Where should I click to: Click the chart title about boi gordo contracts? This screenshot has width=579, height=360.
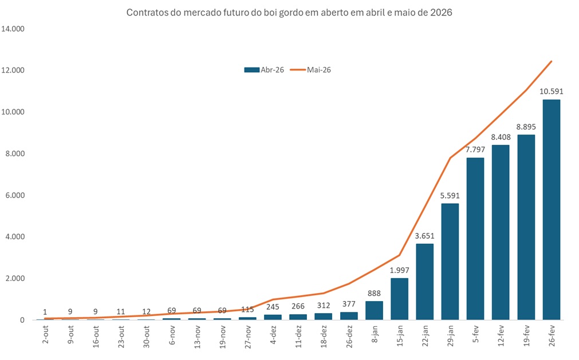click(x=289, y=13)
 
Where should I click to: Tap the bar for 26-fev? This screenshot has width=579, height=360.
click(x=551, y=209)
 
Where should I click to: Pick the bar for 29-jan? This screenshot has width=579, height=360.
click(x=450, y=262)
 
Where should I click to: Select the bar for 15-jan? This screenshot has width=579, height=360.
click(x=399, y=299)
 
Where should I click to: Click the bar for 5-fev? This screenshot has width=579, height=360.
click(x=475, y=239)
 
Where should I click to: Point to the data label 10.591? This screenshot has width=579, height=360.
click(x=551, y=91)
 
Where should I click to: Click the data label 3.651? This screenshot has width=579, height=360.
click(x=424, y=235)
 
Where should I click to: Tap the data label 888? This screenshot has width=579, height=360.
click(x=374, y=292)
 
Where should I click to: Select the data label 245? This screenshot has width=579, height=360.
click(x=273, y=306)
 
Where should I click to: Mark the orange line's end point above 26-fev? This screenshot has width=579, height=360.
click(x=551, y=61)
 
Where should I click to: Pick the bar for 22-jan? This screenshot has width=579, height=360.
click(x=424, y=282)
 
